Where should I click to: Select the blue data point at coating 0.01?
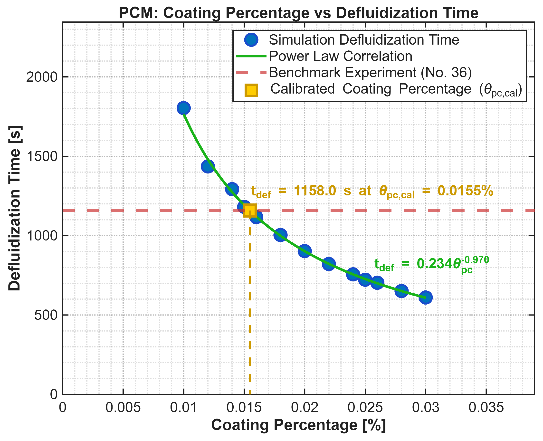pyautogui.click(x=183, y=108)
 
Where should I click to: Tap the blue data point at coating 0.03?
pyautogui.click(x=425, y=297)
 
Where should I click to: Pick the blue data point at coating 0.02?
pyautogui.click(x=305, y=251)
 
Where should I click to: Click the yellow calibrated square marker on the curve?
pyautogui.click(x=250, y=210)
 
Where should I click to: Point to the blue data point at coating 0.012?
pyautogui.click(x=208, y=166)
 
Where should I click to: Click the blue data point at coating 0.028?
pyautogui.click(x=401, y=291)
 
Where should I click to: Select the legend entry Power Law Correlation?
pyautogui.click(x=340, y=56)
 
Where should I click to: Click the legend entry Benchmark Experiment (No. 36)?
pyautogui.click(x=370, y=72)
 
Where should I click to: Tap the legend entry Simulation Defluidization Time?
pyautogui.click(x=364, y=40)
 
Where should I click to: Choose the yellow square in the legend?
pyautogui.click(x=251, y=90)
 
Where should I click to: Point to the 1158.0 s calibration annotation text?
pyautogui.click(x=372, y=191)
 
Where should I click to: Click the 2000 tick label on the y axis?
pyautogui.click(x=41, y=77)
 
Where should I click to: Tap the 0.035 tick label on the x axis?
pyautogui.click(x=486, y=408)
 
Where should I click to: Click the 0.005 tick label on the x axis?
pyautogui.click(x=123, y=408)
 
